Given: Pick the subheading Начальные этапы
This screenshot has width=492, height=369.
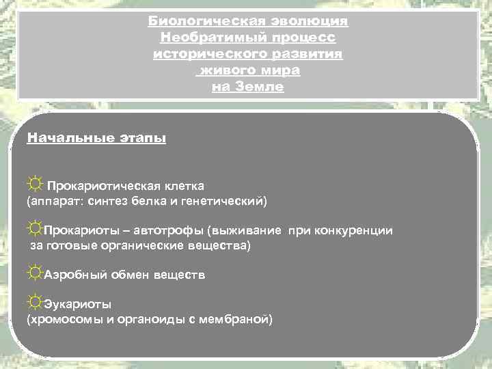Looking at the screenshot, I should click(x=96, y=138).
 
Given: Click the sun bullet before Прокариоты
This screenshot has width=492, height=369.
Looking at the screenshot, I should click(x=35, y=230).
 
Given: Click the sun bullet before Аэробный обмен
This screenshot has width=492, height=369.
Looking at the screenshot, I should click(x=35, y=273).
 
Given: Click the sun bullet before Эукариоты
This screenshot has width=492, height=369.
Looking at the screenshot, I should click(x=35, y=301).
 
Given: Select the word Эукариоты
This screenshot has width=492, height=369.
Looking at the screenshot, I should click(x=78, y=303).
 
